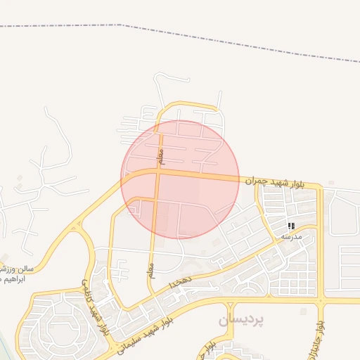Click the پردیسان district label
coord(240,320)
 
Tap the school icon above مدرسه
coord(291,226)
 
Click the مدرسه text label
coord(291,237)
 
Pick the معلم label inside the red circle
coord(160,156)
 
